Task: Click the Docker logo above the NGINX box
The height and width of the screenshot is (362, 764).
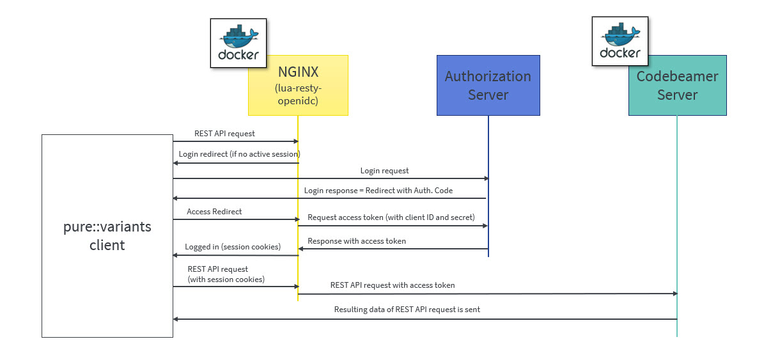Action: pyautogui.click(x=238, y=43)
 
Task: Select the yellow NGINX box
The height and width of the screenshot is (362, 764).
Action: pyautogui.click(x=298, y=85)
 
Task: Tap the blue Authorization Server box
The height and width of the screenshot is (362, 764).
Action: pyautogui.click(x=488, y=85)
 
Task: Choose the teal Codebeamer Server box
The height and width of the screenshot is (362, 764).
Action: pyautogui.click(x=677, y=85)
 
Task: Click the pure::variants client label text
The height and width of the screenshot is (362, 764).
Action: pyautogui.click(x=107, y=236)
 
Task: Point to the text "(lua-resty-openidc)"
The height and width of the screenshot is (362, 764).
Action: pyautogui.click(x=298, y=94)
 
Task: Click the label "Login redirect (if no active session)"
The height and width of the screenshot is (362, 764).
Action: pyautogui.click(x=239, y=154)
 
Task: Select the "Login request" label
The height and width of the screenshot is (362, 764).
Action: pyautogui.click(x=384, y=171)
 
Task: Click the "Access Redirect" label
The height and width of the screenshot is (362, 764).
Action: pyautogui.click(x=214, y=212)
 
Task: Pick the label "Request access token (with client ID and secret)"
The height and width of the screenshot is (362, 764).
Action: pyautogui.click(x=391, y=217)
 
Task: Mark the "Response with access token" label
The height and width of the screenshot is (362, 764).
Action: pyautogui.click(x=357, y=241)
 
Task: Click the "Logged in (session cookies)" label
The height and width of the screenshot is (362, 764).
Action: pyautogui.click(x=232, y=247)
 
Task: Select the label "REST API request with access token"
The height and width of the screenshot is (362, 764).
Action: pyautogui.click(x=393, y=285)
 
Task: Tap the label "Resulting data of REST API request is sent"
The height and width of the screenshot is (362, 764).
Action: pyautogui.click(x=407, y=310)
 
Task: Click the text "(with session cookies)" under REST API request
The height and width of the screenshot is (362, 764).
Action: pyautogui.click(x=226, y=279)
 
